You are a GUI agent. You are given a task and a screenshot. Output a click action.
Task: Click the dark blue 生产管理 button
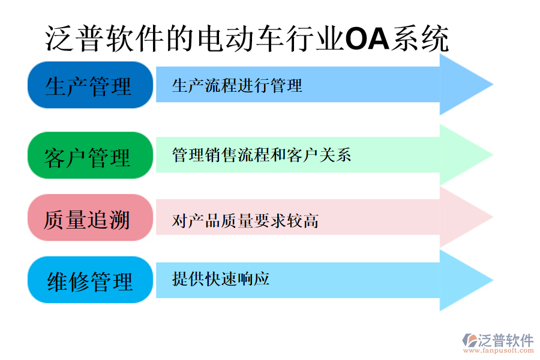coord(89,85)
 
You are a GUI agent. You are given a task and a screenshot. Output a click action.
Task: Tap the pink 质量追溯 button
coord(89,218)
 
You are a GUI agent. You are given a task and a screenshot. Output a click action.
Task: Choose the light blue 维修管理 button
coord(89,280)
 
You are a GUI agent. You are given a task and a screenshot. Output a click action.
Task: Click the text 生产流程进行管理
coord(237,85)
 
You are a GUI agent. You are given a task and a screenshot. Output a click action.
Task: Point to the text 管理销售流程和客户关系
coord(261,155)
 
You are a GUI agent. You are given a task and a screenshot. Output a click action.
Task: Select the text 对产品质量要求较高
coord(245,221)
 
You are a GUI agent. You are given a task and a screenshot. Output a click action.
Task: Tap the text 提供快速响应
coord(220,278)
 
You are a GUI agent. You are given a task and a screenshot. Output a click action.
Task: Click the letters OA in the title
coord(367,40)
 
